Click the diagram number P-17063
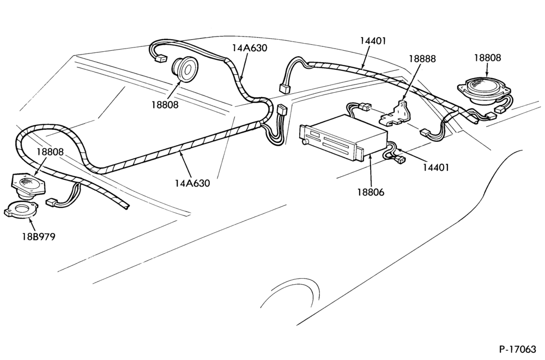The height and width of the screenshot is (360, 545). click(518, 349)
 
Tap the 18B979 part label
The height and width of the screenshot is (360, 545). click(39, 237)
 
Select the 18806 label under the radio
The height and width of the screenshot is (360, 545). click(371, 191)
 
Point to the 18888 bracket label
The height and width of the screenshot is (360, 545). click(422, 59)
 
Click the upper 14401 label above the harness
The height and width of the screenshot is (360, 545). click(373, 41)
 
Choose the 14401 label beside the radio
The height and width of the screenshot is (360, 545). click(436, 167)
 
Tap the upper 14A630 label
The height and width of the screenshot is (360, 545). click(250, 48)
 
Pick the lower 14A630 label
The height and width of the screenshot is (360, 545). click(192, 183)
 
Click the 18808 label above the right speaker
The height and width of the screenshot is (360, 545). click(488, 58)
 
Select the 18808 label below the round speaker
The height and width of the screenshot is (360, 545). click(165, 104)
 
